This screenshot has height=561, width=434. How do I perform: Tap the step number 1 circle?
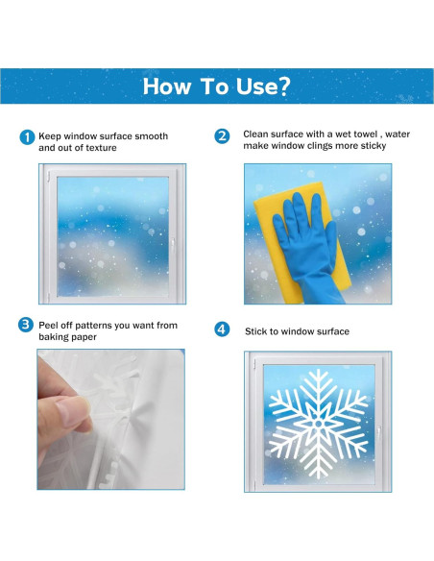(x=27, y=136)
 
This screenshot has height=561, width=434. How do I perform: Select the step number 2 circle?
(x=223, y=136)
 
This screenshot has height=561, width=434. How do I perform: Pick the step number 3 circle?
(x=27, y=325)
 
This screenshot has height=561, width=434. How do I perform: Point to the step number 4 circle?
(x=223, y=329)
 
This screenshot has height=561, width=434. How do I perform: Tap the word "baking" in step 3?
(x=56, y=338)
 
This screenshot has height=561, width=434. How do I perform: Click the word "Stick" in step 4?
(x=257, y=331)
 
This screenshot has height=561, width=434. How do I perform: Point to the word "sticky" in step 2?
(x=371, y=147)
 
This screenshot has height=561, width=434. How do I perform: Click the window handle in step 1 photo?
(x=172, y=244)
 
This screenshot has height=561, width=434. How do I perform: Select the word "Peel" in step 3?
(x=49, y=326)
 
